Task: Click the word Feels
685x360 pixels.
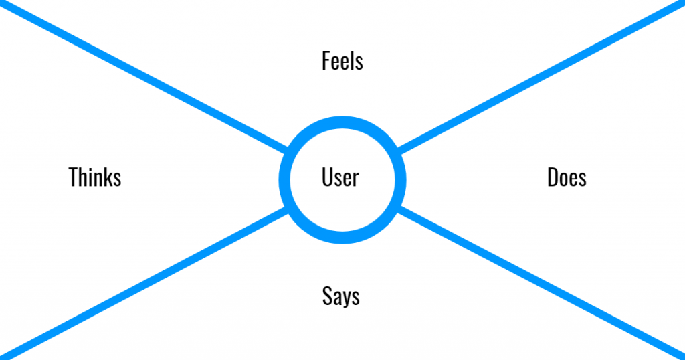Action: [x=342, y=61]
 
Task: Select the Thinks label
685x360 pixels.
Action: [x=95, y=177]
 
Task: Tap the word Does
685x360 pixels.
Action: [x=567, y=177]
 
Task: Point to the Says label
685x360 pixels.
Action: [x=341, y=296]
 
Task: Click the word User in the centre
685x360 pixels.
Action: [x=340, y=177]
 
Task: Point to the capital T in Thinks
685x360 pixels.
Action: [x=74, y=177]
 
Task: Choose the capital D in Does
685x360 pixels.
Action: [x=553, y=177]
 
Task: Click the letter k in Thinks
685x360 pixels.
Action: [x=107, y=177]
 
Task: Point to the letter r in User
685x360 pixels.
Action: [x=355, y=179]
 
